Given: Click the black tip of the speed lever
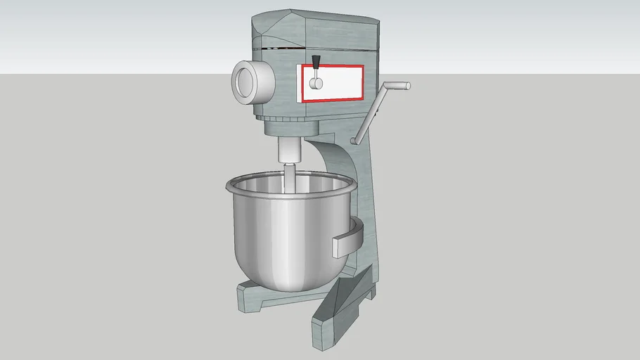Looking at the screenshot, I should [316, 60].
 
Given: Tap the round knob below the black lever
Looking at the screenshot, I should [316, 84].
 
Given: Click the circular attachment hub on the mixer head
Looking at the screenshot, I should [248, 79].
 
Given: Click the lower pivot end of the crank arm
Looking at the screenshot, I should [357, 139].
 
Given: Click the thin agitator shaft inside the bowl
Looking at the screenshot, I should [289, 179].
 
